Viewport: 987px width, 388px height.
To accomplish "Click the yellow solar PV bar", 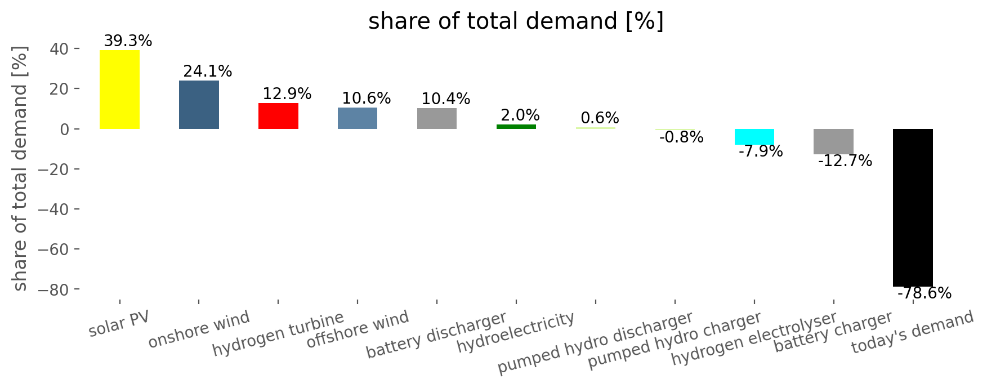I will point(119,90).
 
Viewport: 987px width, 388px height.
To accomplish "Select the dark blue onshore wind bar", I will point(199,105).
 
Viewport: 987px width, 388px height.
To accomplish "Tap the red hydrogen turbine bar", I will point(278,116).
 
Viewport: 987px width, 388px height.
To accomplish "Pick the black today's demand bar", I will point(913,207).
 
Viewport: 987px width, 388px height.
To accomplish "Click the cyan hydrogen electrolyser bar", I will point(754,137).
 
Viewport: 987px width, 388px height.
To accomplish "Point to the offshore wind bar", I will point(358,118).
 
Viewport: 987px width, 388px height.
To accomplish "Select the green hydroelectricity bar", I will point(516,127).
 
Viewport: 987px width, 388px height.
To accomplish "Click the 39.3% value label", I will point(128,41).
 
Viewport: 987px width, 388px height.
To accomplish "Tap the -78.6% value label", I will point(924,293).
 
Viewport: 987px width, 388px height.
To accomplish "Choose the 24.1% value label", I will point(207,72).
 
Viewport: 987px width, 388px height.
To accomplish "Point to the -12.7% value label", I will point(845,162).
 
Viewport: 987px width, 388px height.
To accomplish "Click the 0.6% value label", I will point(600,118).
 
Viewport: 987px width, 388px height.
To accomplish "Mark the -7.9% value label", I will point(760,151).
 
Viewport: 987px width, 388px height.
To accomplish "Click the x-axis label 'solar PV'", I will point(119,324).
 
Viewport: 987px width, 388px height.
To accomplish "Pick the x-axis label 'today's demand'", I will point(912,332).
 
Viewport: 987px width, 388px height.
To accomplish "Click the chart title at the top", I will point(516,21).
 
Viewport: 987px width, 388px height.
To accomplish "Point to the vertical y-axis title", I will point(20,169).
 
